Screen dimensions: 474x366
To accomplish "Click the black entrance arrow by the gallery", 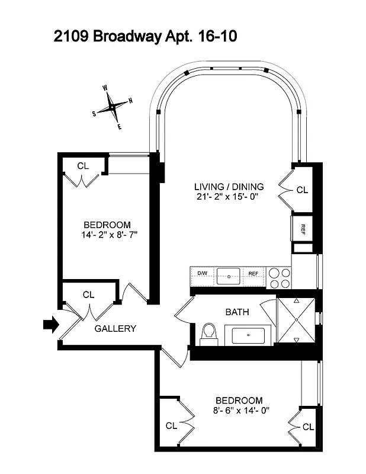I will pyautogui.click(x=51, y=324).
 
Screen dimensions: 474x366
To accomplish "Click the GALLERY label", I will pyautogui.click(x=115, y=329).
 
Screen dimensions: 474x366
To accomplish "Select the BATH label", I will pyautogui.click(x=237, y=312).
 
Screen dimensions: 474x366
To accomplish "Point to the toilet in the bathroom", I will pyautogui.click(x=208, y=335).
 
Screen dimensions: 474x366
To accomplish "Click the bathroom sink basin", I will pyautogui.click(x=248, y=336).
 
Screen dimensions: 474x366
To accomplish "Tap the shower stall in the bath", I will pyautogui.click(x=294, y=321).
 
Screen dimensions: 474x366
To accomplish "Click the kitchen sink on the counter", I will pyautogui.click(x=228, y=274).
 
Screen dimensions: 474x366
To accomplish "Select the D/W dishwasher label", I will pyautogui.click(x=201, y=274).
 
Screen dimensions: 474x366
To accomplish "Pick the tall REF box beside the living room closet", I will pyautogui.click(x=302, y=227).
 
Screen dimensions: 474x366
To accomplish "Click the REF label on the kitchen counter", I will pyautogui.click(x=253, y=274).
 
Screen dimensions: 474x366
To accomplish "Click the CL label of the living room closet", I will pyautogui.click(x=302, y=190).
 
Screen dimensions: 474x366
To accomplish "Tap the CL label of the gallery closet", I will pyautogui.click(x=89, y=294).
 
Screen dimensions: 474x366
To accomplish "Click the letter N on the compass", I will pyautogui.click(x=130, y=100).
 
